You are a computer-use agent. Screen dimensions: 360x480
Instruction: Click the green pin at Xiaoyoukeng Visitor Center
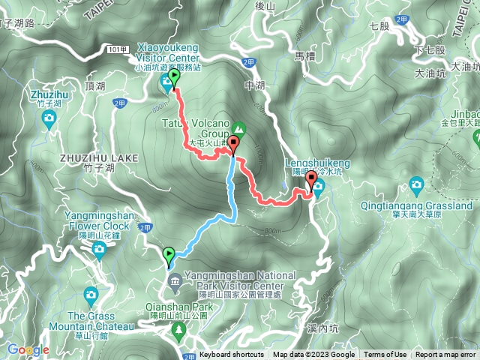click(175, 78)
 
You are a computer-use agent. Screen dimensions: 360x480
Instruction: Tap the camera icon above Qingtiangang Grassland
click(416, 184)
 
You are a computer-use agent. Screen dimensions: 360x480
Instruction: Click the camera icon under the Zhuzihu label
click(49, 118)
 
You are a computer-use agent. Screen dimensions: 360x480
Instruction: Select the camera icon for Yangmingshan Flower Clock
click(99, 248)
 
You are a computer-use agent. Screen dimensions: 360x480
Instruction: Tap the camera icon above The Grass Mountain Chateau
click(91, 293)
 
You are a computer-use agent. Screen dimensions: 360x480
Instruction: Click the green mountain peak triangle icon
click(239, 128)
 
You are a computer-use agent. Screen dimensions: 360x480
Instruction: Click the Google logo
click(28, 349)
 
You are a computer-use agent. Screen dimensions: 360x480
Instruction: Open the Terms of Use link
click(385, 355)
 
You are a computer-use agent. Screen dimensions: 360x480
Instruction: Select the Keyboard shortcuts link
click(232, 355)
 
